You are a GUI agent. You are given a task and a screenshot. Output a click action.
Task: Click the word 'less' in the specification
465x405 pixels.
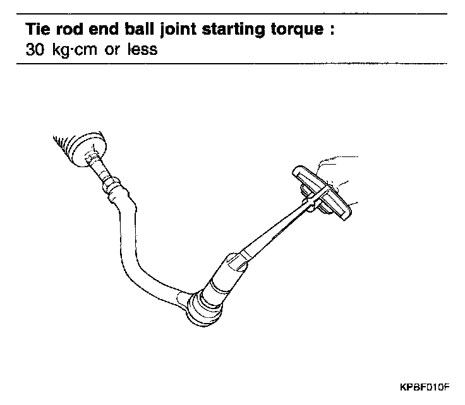click(x=143, y=49)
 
